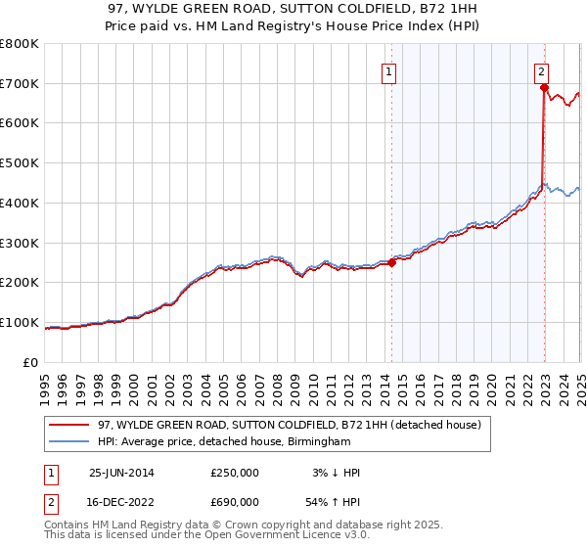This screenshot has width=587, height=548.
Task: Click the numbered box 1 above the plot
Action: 389,70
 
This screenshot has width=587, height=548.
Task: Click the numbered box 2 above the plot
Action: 541,70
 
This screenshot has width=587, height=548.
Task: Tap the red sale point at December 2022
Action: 544,87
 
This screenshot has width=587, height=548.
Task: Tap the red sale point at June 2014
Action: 391,262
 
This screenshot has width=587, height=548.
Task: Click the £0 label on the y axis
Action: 29,363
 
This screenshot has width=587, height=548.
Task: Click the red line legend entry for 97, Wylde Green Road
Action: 289,426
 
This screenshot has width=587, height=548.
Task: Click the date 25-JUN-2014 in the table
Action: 121,473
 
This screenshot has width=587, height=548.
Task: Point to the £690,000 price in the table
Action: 235,502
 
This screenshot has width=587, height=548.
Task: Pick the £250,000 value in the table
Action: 235,473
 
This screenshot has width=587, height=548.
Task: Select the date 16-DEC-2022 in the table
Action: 122,502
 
